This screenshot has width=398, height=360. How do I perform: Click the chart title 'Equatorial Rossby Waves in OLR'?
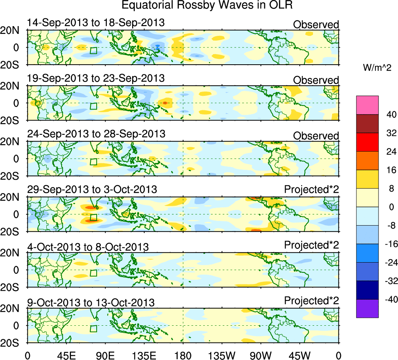207,5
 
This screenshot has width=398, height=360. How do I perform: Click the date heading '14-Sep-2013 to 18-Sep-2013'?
96,23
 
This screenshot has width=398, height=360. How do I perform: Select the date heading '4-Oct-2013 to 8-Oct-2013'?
88,247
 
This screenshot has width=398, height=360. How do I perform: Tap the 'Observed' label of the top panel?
316,25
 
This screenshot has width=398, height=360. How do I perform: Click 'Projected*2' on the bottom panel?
311,301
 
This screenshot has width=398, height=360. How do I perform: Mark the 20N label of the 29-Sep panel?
13,197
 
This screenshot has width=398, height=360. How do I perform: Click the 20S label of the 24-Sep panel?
13,176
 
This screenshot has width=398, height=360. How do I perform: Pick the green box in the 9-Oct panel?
93,328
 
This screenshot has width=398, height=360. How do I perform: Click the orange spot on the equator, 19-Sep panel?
165,102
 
